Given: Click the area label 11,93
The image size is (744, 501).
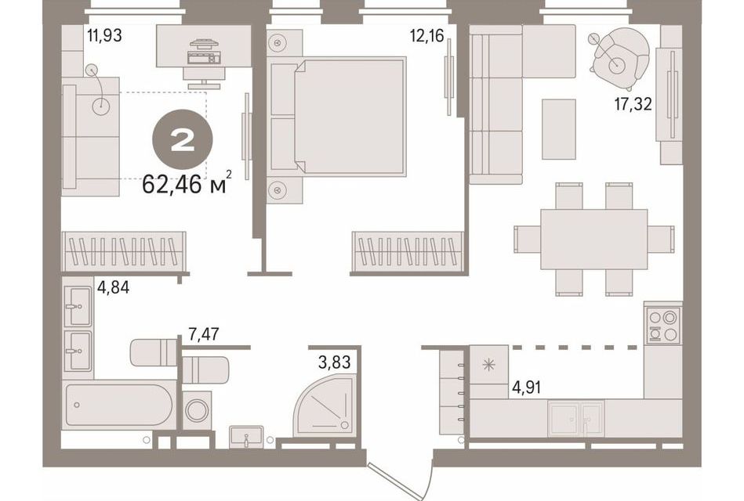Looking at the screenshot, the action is click(104, 35).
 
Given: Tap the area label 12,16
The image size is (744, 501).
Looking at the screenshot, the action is click(427, 35).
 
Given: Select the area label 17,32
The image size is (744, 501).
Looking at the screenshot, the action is click(633, 104).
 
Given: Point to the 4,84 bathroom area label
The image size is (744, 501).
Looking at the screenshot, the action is click(113, 287).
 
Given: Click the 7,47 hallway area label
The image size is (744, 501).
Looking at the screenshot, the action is click(204, 334).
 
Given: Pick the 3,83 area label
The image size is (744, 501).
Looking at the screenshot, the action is click(335, 362).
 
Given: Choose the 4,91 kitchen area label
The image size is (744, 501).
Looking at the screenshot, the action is click(526, 387).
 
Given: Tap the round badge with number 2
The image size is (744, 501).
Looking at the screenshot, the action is click(182, 140).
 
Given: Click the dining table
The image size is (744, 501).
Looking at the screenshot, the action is click(593, 239).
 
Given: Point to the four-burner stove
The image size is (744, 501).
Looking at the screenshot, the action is click(663, 325).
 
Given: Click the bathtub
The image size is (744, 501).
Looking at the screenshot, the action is click(118, 404).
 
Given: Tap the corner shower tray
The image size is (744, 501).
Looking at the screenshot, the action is click(324, 404).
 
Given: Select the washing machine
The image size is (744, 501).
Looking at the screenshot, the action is click(197, 410).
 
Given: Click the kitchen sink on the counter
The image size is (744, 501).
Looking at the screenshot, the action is click(575, 418).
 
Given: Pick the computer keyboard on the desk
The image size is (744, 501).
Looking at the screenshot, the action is click(204, 58).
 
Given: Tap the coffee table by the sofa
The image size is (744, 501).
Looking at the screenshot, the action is click(559, 129).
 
